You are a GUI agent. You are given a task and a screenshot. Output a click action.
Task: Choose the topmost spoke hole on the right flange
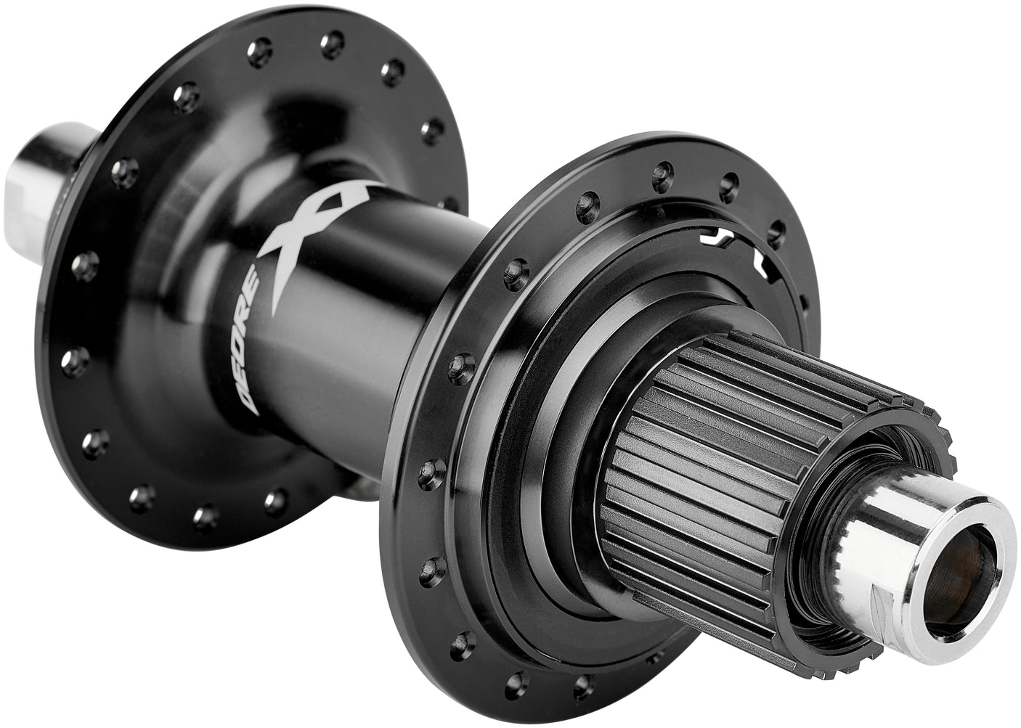660,172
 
